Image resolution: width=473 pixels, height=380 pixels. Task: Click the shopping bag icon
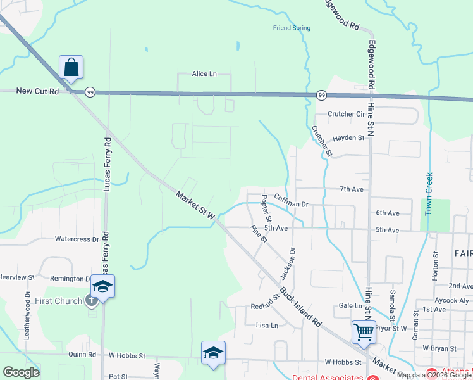(71, 67)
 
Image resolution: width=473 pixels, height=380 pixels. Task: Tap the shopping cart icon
(363, 331)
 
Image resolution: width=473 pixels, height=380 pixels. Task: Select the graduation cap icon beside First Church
(102, 286)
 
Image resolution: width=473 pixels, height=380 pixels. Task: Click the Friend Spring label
(292, 28)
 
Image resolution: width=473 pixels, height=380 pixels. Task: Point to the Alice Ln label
(204, 74)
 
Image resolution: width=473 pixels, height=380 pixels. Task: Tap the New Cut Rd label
(37, 91)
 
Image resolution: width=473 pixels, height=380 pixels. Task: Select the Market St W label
(196, 206)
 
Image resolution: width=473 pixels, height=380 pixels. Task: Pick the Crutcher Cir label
(347, 115)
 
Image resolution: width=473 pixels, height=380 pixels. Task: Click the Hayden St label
(348, 137)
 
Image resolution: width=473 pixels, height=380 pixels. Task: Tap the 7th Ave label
(352, 189)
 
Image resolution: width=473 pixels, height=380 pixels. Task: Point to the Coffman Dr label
(291, 205)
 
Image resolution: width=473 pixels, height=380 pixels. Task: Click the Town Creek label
(428, 194)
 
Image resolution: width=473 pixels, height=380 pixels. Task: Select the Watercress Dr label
(77, 239)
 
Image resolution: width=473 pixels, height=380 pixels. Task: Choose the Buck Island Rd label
(301, 310)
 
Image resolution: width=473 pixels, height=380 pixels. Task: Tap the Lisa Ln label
(267, 326)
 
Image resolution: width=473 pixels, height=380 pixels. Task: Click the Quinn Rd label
(83, 355)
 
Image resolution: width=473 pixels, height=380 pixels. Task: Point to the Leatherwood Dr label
(27, 315)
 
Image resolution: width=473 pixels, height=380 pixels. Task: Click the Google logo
(21, 372)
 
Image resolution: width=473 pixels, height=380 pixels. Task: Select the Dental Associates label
(327, 377)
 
